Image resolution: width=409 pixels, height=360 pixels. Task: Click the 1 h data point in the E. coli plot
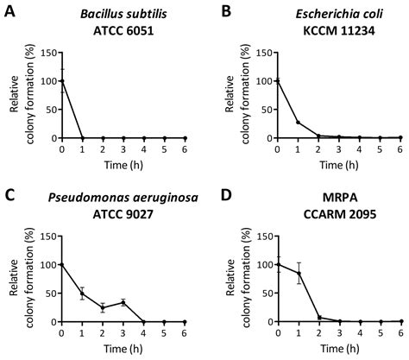298,122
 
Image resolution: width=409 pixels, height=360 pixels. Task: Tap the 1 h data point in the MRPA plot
298,274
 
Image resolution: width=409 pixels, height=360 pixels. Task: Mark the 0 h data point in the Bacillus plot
61,81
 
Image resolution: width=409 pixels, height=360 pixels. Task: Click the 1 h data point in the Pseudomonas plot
82,294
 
